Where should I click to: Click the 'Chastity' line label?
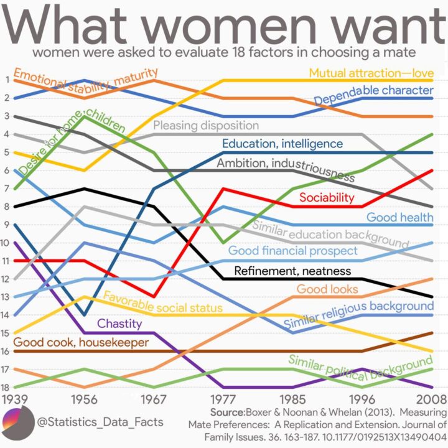(120, 324)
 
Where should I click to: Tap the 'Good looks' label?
(327, 289)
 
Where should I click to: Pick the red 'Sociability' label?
(327, 198)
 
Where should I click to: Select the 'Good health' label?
(399, 217)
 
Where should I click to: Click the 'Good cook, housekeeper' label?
(81, 342)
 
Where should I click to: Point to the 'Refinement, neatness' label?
(292, 271)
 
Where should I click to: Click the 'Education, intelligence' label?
(282, 144)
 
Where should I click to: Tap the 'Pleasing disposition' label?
(206, 126)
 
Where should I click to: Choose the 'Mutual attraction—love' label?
(371, 73)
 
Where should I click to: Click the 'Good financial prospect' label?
(293, 251)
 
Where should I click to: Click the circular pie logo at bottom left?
(19, 424)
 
